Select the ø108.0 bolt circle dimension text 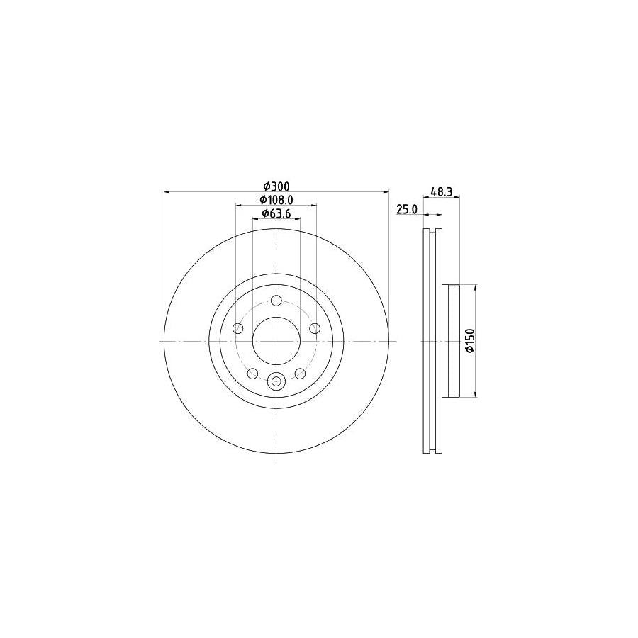276,200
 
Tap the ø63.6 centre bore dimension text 276,213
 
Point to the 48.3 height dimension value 442,191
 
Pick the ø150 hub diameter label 469,340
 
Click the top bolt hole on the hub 276,300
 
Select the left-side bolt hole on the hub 238,328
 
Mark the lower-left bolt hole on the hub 252,373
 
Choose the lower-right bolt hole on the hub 300,373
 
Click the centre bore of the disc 276,340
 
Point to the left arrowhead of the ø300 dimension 167,191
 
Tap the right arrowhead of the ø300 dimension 386,191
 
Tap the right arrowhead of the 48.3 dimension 457,198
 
